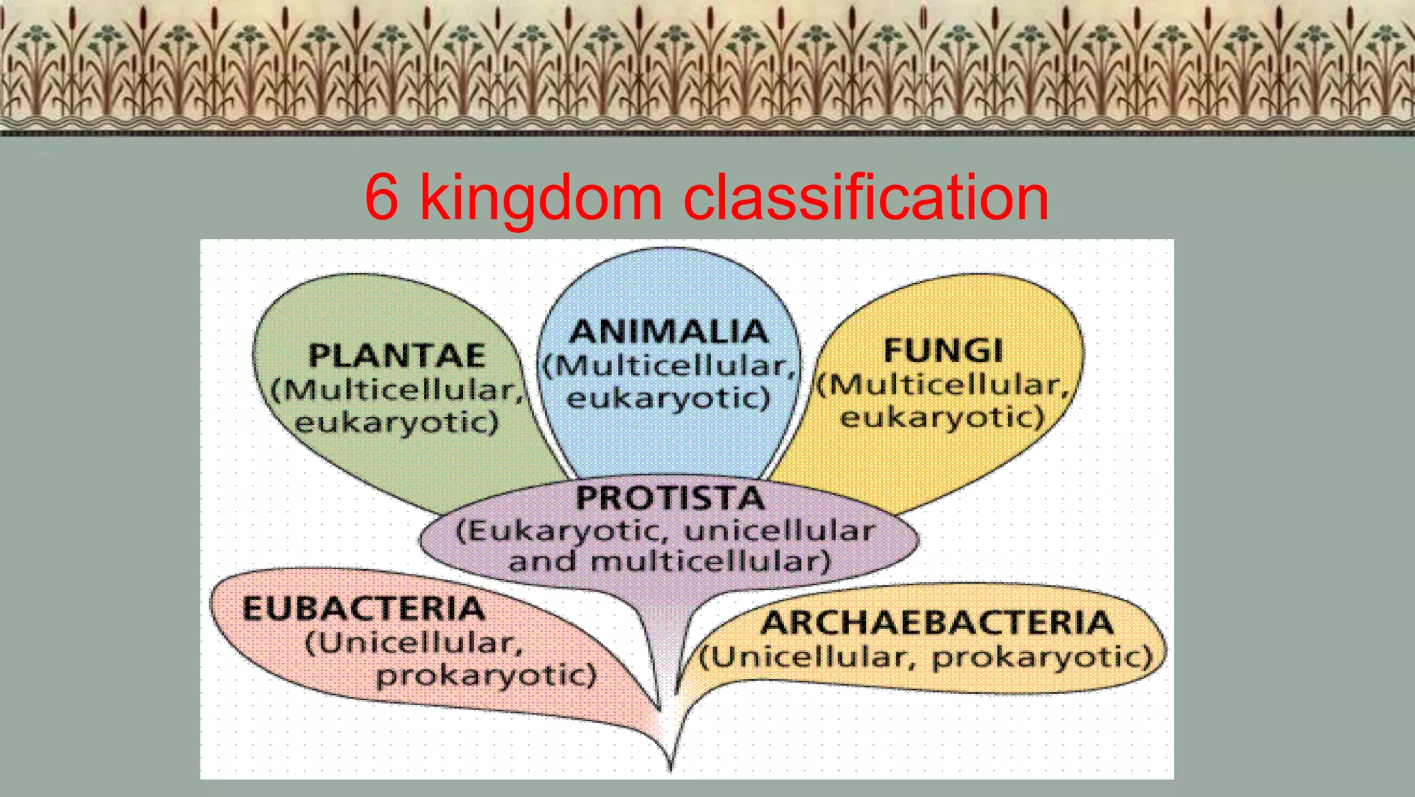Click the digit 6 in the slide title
click(381, 198)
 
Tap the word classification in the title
click(865, 198)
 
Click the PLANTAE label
click(397, 356)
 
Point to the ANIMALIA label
click(669, 332)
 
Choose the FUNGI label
click(943, 350)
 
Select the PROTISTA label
click(670, 498)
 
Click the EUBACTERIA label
click(363, 608)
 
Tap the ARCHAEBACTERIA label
click(937, 622)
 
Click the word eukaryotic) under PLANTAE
click(397, 423)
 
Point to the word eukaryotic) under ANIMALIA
click(668, 398)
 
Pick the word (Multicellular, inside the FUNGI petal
click(943, 384)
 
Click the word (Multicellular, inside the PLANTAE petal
click(397, 390)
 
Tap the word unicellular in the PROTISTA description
click(779, 530)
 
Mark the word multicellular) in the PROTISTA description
click(710, 561)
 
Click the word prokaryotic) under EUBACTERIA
click(486, 675)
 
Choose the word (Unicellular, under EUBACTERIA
click(414, 643)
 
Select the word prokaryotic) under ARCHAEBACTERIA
click(1043, 657)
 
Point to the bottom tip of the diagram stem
click(670, 768)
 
